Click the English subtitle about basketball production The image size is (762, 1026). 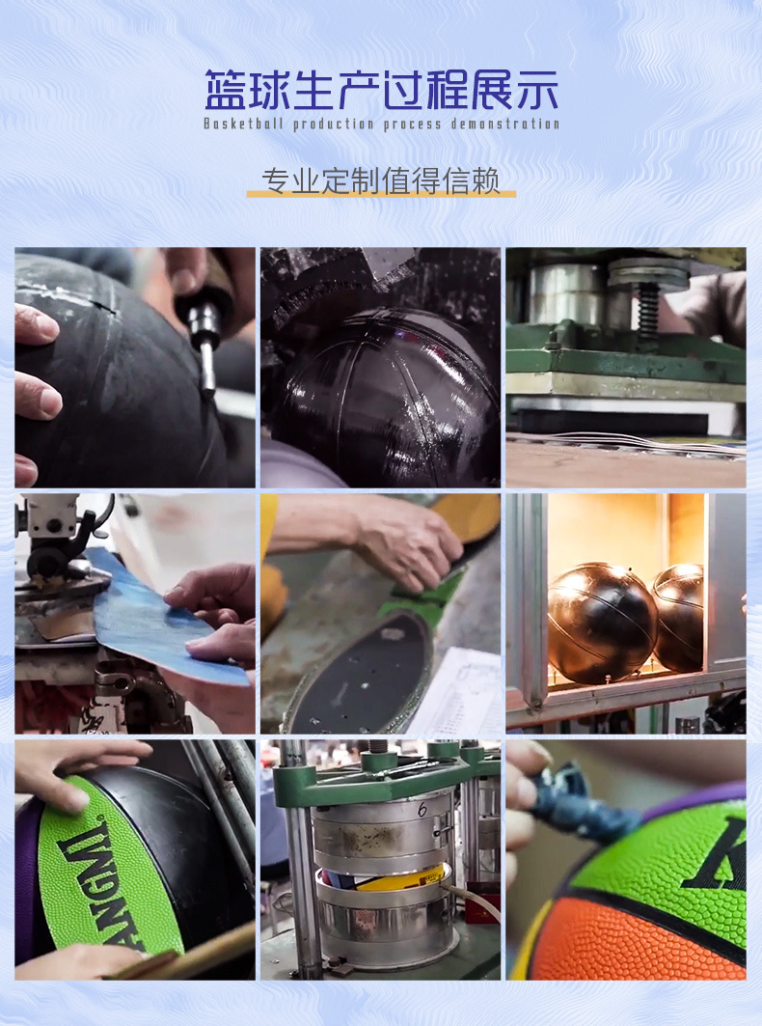click(x=381, y=124)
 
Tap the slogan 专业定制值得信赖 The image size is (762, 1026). click(x=381, y=180)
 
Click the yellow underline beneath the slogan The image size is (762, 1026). click(x=381, y=195)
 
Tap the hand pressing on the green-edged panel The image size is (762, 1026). click(x=405, y=541)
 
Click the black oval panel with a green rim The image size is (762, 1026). click(x=362, y=676)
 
